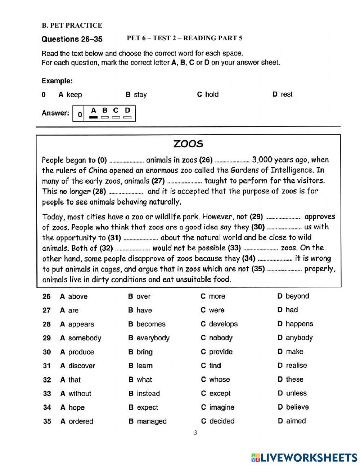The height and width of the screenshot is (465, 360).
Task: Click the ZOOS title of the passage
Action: [x=188, y=144]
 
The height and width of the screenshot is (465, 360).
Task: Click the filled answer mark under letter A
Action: [x=94, y=117]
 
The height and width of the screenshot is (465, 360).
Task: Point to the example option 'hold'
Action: [x=212, y=94]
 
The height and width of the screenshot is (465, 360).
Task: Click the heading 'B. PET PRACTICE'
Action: [x=72, y=26]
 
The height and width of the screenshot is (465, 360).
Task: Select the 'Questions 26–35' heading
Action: [x=72, y=39]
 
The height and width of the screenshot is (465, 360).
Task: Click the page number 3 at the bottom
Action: [x=195, y=433]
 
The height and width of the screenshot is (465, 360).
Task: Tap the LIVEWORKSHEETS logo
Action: [x=304, y=457]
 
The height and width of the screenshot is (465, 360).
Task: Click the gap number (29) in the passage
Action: [x=257, y=217]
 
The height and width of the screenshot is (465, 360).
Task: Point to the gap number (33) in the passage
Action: [x=234, y=248]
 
